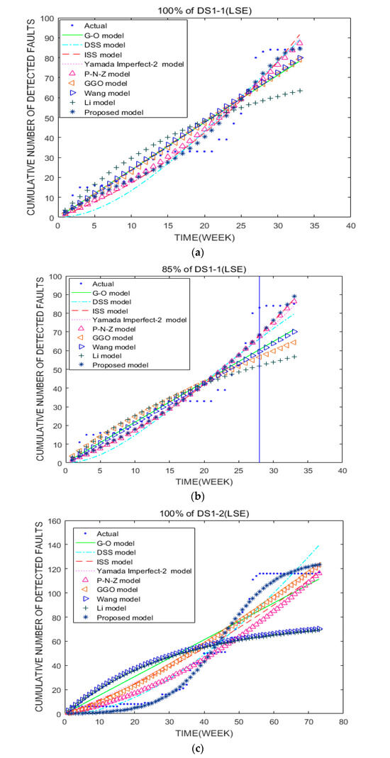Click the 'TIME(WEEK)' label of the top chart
click(203, 237)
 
